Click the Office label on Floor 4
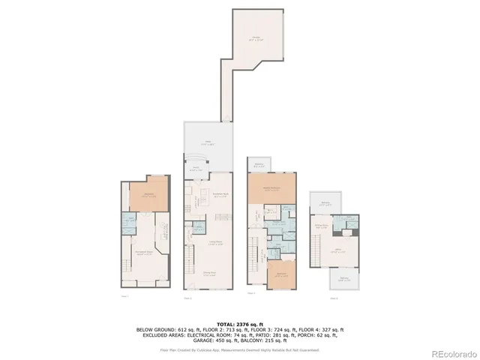(x=338, y=250)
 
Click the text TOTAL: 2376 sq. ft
(x=239, y=323)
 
